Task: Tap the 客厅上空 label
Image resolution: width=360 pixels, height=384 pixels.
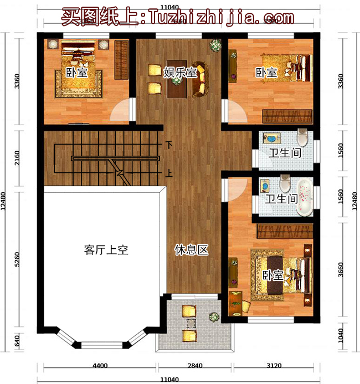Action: click(x=106, y=250)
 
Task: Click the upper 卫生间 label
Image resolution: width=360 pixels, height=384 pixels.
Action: click(x=285, y=153)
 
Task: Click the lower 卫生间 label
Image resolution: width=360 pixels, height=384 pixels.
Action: click(x=281, y=198)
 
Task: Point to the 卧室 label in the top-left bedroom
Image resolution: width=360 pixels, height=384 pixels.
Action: click(x=77, y=72)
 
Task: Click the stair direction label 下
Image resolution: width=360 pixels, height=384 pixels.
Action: click(x=168, y=145)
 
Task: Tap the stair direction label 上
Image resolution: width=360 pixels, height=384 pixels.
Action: click(x=168, y=173)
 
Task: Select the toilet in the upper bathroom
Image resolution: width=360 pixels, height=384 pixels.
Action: click(x=302, y=136)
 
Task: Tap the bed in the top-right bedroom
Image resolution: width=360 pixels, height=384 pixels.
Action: click(x=288, y=66)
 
